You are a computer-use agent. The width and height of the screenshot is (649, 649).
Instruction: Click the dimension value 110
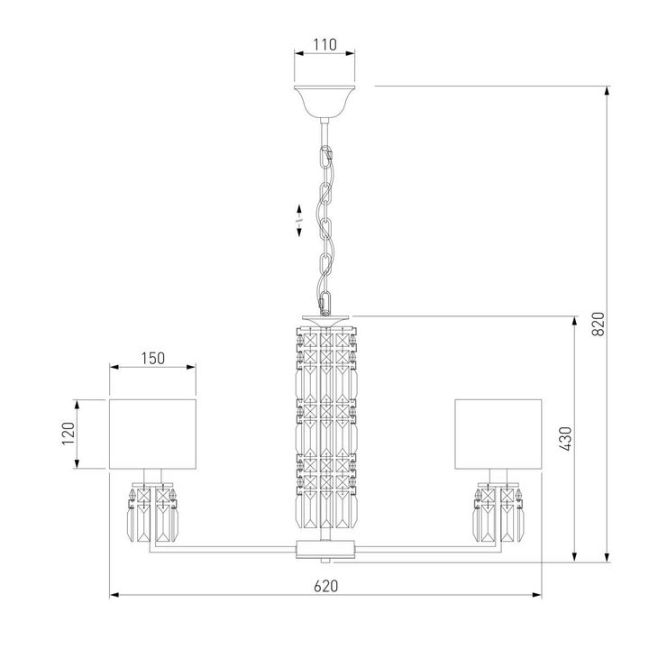point(324,44)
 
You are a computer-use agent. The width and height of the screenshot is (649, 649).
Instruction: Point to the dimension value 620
point(325,585)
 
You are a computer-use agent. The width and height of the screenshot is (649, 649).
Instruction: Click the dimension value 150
point(153,358)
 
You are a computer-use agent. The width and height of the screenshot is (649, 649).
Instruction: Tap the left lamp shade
point(153,434)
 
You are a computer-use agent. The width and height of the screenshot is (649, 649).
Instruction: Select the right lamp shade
point(498,434)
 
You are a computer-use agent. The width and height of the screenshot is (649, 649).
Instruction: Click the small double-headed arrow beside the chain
point(299,219)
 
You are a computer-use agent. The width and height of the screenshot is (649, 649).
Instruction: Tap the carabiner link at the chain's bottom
point(324,298)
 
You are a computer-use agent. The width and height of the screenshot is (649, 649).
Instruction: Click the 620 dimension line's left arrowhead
point(113,596)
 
